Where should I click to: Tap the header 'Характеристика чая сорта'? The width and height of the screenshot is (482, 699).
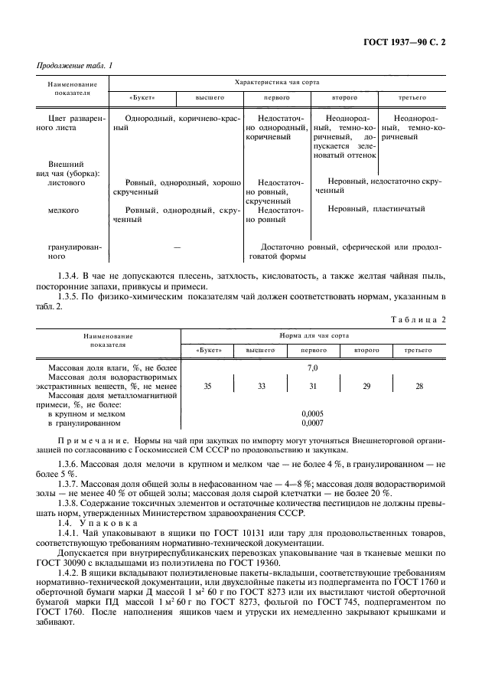pos(278,81)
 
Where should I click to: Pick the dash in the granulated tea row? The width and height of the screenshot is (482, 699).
pos(177,248)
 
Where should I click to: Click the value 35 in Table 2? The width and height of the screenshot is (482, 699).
pos(207,387)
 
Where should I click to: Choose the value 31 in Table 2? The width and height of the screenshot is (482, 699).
pos(312,387)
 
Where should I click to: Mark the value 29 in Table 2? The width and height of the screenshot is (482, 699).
pos(366,387)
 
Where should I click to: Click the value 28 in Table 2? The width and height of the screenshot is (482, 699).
pos(418,387)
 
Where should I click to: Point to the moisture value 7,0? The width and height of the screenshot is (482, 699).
pos(312,368)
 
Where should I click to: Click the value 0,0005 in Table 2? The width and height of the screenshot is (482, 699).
pos(312,413)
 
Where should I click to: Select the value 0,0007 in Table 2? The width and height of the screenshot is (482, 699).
pos(312,423)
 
